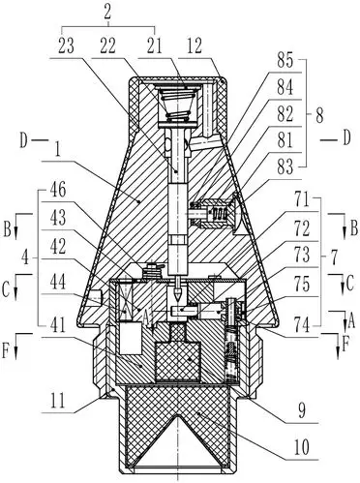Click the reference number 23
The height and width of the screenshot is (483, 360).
coord(66,45)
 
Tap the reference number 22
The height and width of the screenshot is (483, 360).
coord(108,45)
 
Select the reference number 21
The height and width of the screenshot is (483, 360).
coord(154,45)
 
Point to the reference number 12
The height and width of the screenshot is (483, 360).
coord(195,45)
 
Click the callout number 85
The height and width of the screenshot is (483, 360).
coord(285,60)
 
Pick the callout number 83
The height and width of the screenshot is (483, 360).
coord(285,167)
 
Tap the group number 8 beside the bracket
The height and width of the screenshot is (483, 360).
coord(319,115)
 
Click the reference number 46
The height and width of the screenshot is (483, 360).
coord(58,191)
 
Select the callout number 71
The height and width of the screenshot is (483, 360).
coord(302,201)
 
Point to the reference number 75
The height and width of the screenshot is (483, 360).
coord(302,285)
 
